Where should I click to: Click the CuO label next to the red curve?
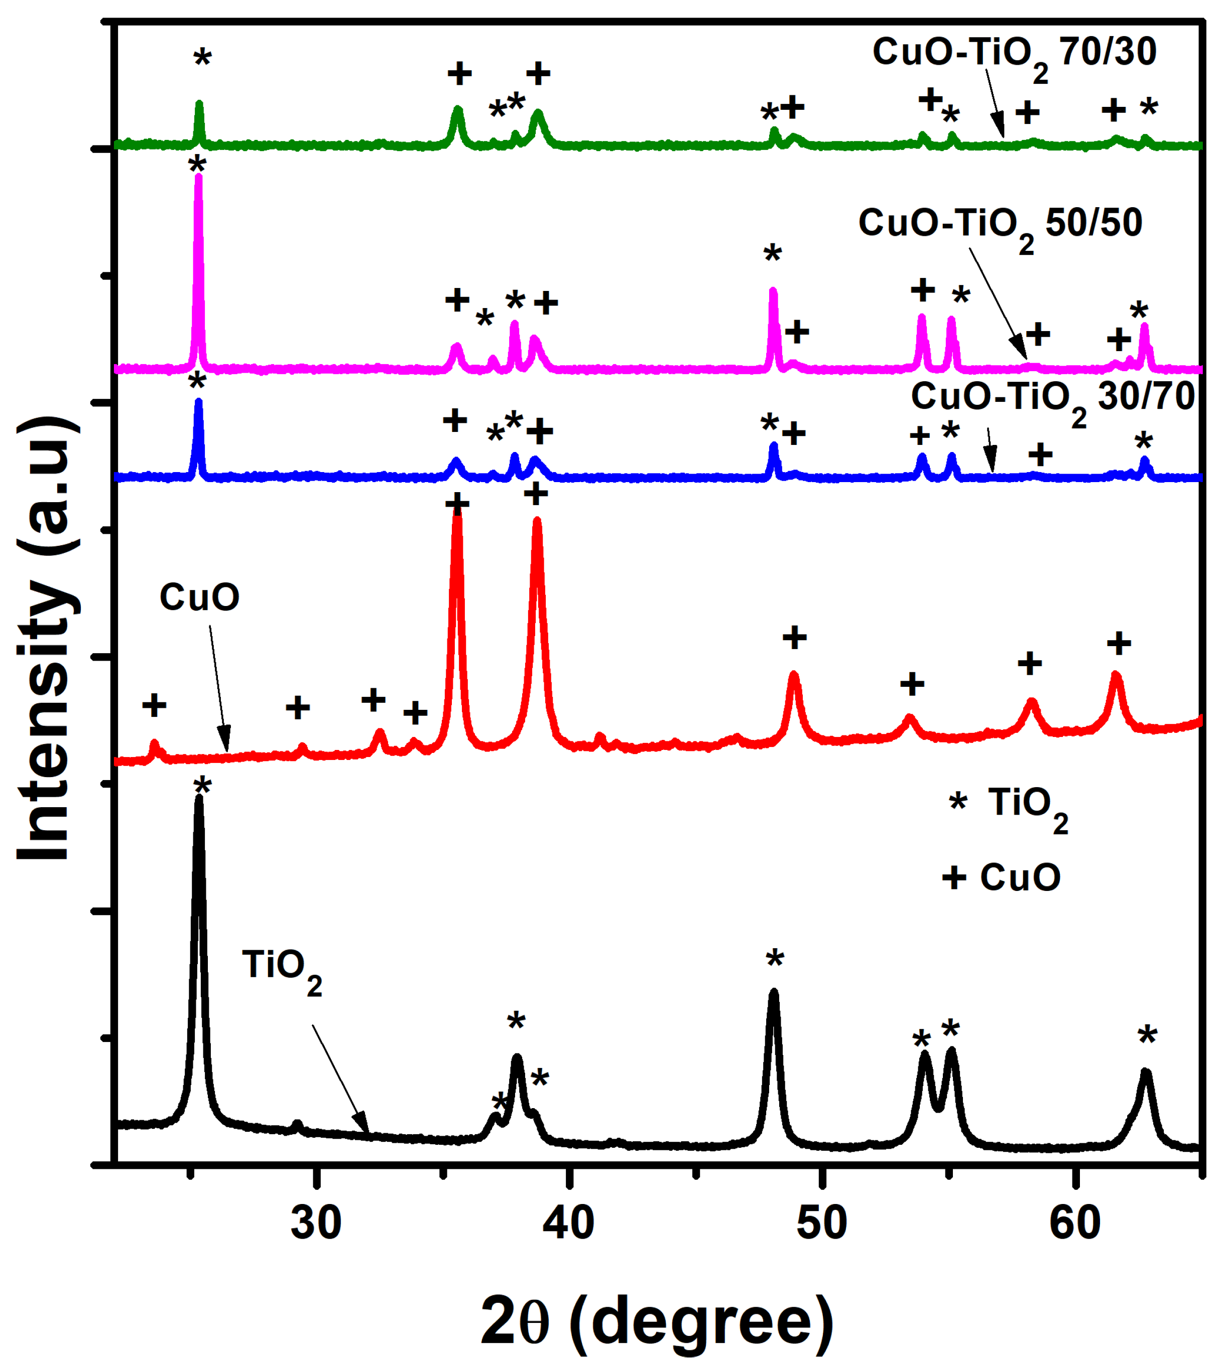pyautogui.click(x=199, y=597)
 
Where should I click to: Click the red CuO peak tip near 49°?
pyautogui.click(x=794, y=674)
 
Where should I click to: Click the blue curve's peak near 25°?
pyautogui.click(x=198, y=401)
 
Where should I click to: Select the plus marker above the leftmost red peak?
pyautogui.click(x=155, y=705)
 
